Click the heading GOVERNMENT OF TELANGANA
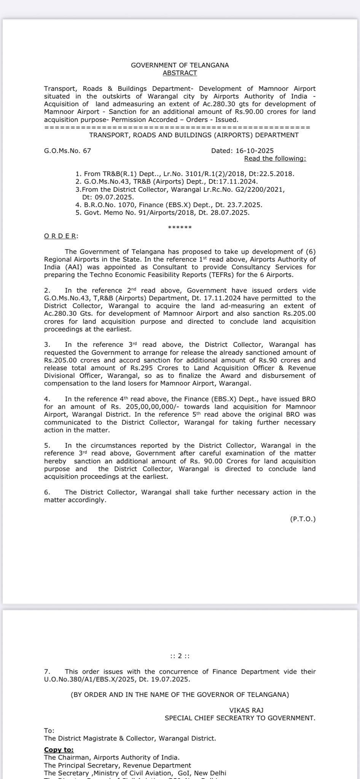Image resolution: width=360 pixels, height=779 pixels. pos(180,65)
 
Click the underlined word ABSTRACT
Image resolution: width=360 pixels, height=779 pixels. pos(180,73)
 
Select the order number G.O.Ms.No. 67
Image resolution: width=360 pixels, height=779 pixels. pos(67,151)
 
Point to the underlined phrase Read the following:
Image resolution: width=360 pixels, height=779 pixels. pos(275,158)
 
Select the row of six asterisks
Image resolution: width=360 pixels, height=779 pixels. pos(180,228)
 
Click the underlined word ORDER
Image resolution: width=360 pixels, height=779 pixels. pos(60,236)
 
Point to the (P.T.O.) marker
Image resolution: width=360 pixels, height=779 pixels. pos(303,519)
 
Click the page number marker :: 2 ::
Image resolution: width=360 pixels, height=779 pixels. pos(180,656)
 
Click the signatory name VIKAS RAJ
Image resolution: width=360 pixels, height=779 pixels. pos(246,710)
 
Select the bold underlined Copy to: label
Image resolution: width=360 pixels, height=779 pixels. pos(59,750)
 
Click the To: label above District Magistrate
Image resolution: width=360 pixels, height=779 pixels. pos(49,730)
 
